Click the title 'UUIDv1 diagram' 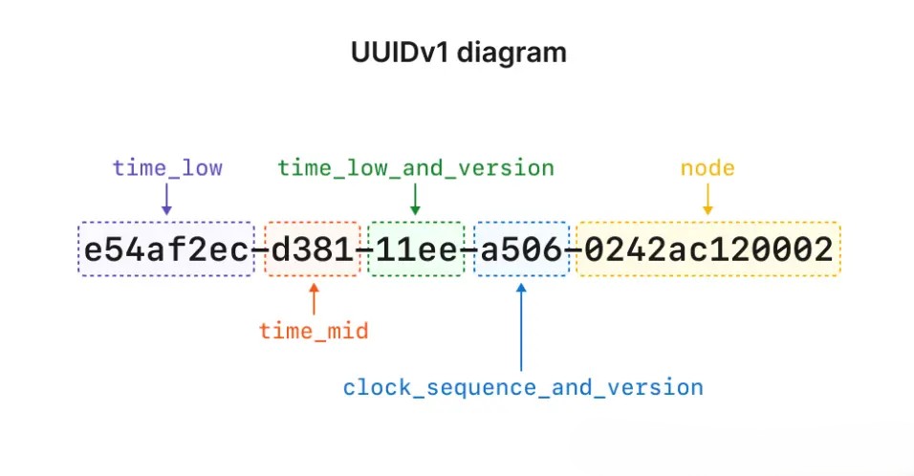point(458,53)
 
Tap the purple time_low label point(167,169)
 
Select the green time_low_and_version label point(416,169)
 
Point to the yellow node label point(707,169)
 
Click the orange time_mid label point(314,332)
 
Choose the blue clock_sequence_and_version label point(523,388)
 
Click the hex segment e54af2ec point(166,250)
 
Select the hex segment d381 point(313,250)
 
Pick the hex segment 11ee point(416,250)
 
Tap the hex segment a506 point(521,250)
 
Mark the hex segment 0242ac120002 point(708,250)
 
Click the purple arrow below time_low point(167,199)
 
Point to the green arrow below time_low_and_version point(415,199)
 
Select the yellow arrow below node point(707,199)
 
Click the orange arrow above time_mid point(314,298)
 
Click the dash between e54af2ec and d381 point(260,251)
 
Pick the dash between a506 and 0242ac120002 point(573,251)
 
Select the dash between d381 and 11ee point(364,251)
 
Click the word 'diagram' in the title point(511,53)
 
